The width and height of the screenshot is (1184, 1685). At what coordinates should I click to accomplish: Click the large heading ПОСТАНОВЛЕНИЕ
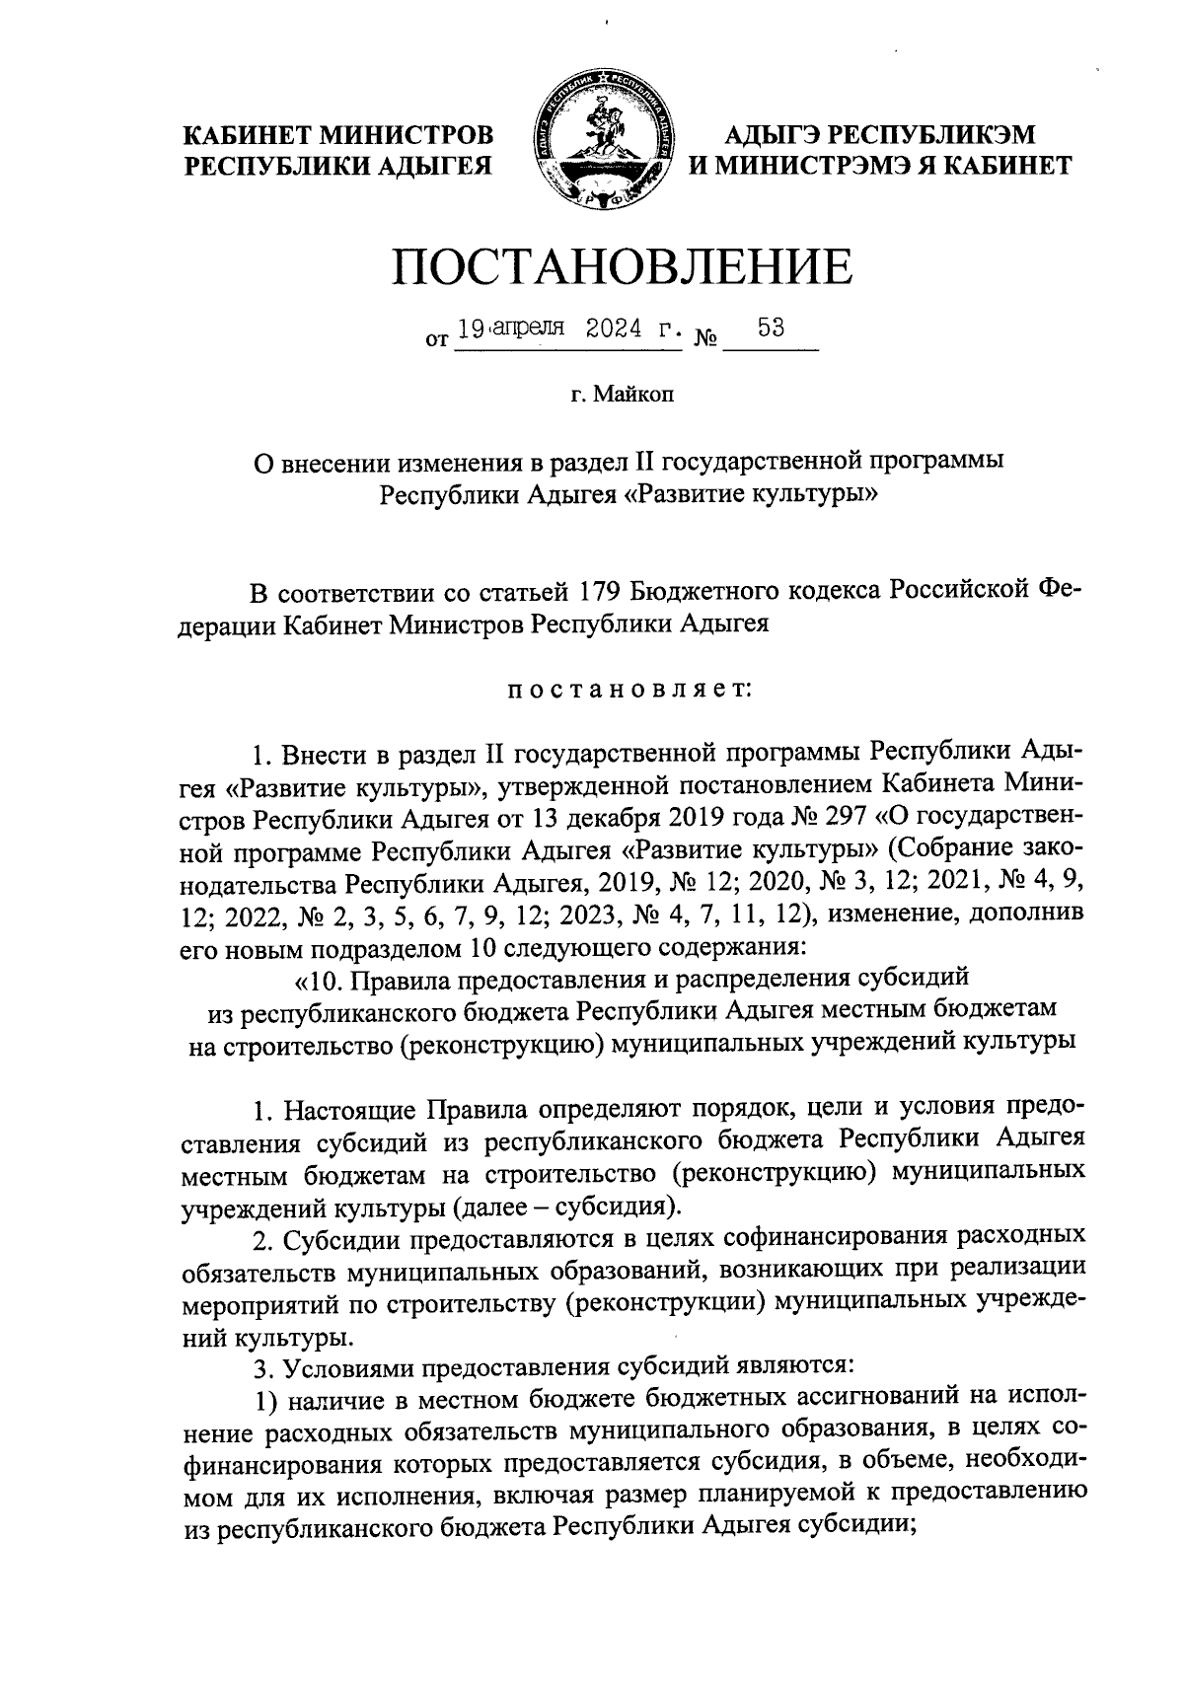(621, 267)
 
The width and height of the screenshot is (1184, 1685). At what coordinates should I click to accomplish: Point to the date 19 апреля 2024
(562, 329)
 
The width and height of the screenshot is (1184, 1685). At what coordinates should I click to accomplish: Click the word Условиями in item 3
(349, 1367)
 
